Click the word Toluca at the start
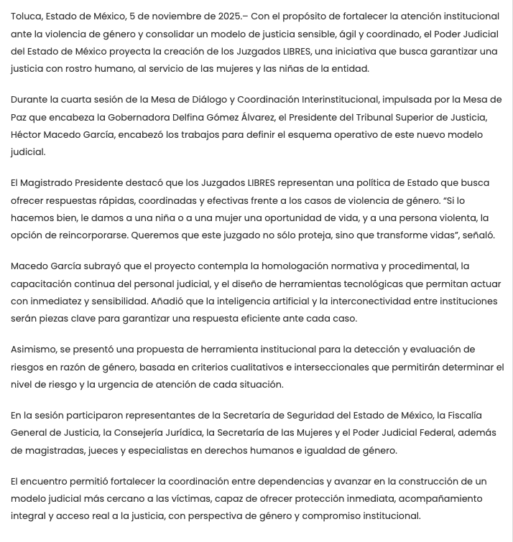point(26,16)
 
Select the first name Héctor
point(27,135)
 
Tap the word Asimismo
point(33,350)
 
